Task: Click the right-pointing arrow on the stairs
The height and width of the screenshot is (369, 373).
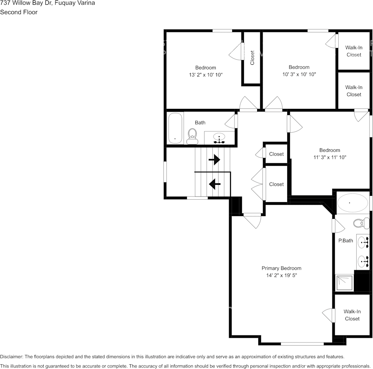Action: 214,160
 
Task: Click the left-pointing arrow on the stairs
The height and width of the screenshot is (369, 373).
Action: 214,183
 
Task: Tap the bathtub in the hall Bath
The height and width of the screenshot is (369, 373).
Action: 175,128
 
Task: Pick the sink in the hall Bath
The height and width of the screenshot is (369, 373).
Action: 219,138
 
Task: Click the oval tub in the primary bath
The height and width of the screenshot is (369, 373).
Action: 352,203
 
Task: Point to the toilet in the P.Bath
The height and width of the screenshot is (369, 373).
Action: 361,223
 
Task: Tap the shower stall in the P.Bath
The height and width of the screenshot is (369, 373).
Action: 344,283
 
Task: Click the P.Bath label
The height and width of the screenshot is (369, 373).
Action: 345,241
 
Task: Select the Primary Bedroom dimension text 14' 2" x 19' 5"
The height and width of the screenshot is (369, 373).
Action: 281,275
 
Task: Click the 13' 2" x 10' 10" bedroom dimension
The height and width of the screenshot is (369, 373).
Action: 206,75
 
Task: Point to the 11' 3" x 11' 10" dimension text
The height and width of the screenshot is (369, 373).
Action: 330,157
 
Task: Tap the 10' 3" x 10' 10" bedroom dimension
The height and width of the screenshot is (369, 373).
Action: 299,74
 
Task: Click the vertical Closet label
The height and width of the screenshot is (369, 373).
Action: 252,58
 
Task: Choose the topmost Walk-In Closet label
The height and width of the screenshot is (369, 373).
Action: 354,51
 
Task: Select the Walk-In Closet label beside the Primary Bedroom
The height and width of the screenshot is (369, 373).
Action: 352,315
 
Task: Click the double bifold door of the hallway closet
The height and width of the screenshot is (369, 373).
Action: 258,183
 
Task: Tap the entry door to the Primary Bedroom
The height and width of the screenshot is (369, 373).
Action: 252,220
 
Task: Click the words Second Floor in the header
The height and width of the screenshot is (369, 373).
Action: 19,12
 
